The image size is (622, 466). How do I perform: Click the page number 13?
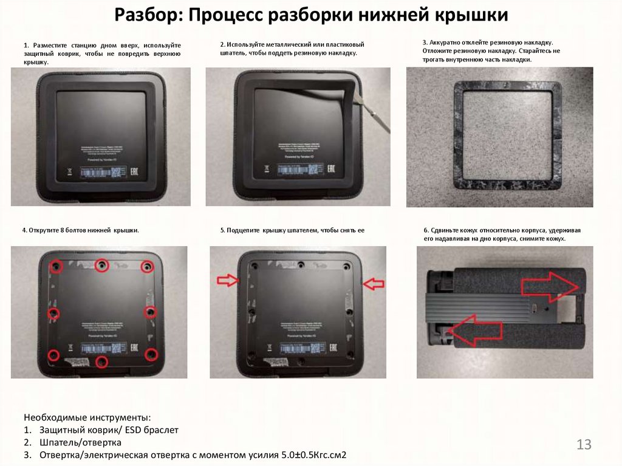(584, 444)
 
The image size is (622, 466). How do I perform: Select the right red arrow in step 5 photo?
(373, 283)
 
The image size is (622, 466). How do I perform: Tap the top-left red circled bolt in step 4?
(56, 266)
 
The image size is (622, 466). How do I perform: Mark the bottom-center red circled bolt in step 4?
(102, 362)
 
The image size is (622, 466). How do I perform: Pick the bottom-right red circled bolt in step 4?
(151, 354)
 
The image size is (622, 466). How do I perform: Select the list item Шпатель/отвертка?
(80, 442)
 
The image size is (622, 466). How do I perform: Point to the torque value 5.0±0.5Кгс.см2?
(316, 455)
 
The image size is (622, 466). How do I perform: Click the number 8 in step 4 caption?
(63, 231)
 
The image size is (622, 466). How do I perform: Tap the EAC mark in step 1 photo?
(134, 173)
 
